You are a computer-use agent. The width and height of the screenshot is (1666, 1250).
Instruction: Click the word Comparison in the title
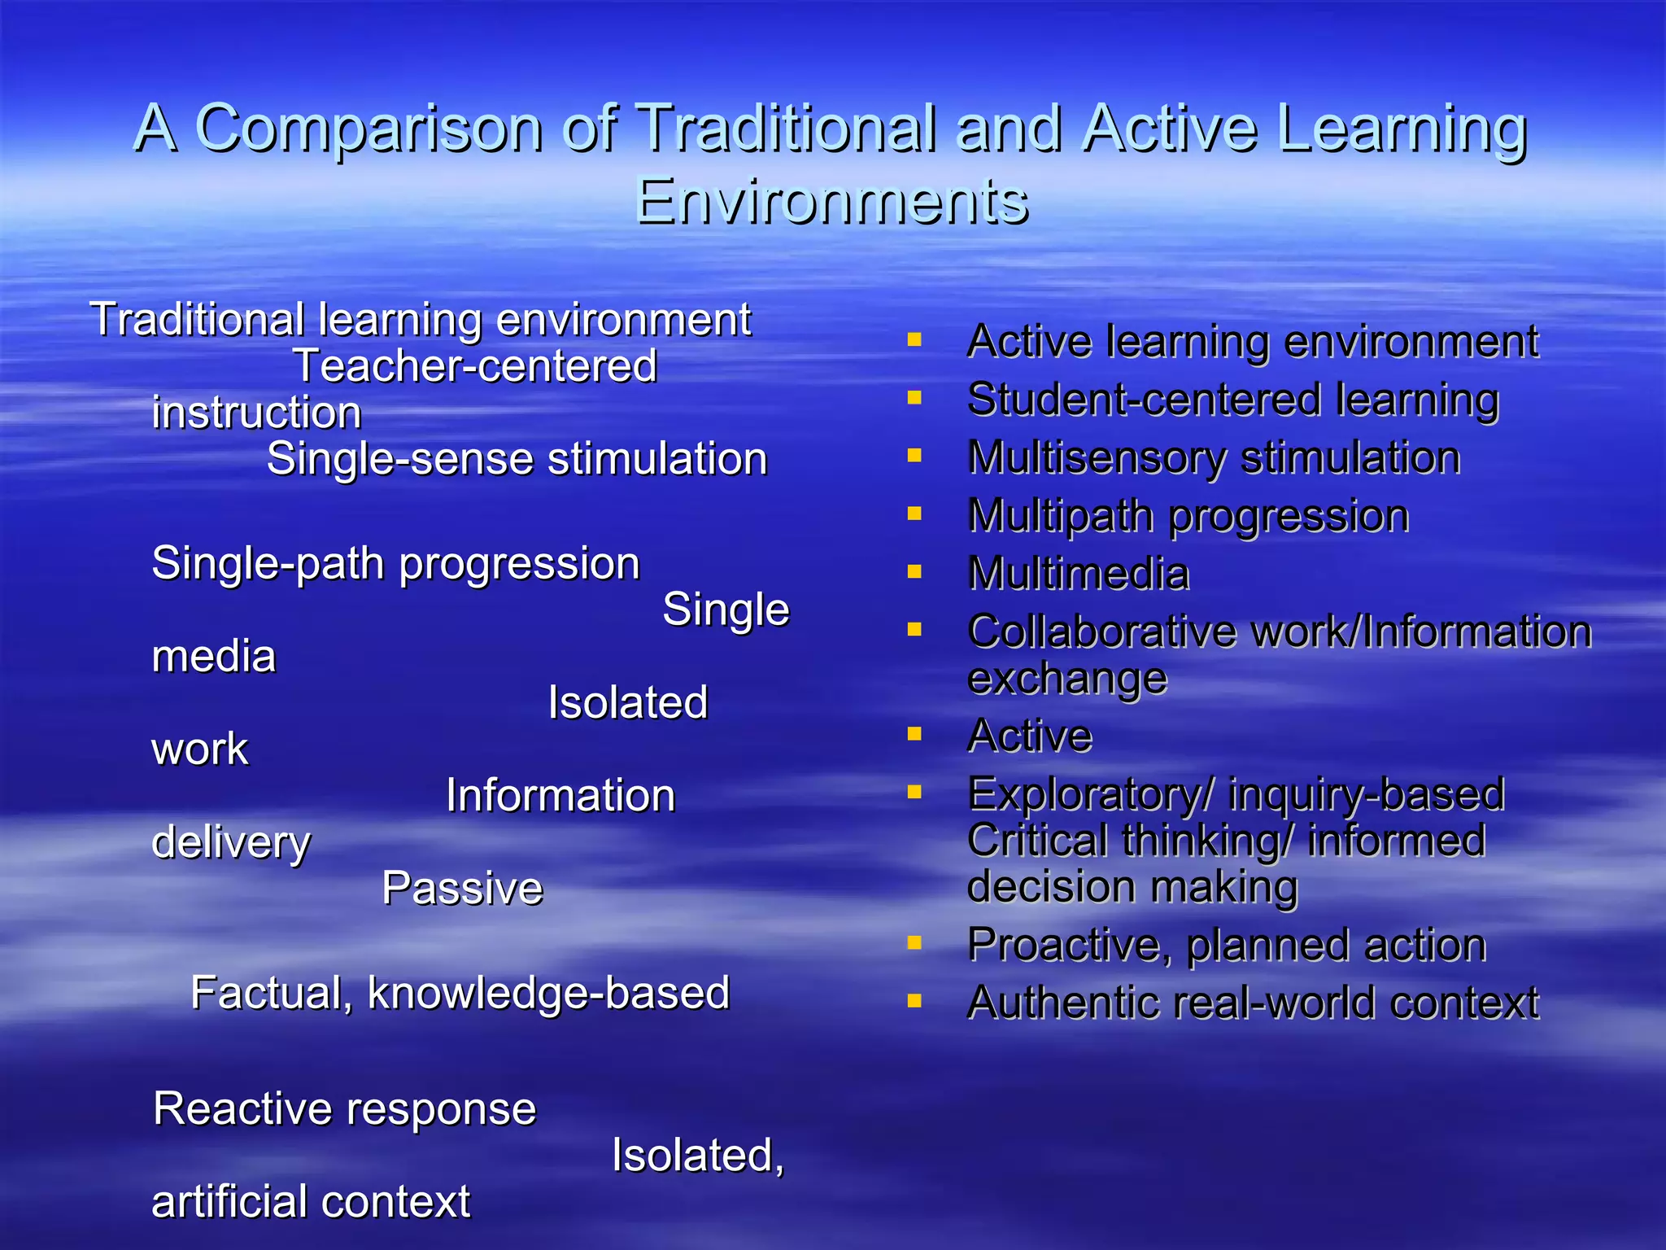369,129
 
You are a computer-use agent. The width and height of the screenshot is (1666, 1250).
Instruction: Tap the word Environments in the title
831,201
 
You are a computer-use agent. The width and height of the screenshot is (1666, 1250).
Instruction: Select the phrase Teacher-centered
475,366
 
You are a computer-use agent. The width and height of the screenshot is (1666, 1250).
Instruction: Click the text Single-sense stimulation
517,459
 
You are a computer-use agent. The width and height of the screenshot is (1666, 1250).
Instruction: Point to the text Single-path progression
396,563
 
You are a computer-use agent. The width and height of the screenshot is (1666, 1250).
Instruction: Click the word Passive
462,888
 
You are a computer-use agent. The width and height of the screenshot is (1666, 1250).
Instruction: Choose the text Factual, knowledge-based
460,993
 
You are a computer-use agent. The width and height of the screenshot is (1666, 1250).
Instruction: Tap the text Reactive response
345,1108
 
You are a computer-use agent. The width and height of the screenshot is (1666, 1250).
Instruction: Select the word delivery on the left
231,842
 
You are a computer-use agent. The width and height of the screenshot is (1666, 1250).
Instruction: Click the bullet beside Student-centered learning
914,398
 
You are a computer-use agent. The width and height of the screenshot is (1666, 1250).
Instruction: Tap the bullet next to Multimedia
914,572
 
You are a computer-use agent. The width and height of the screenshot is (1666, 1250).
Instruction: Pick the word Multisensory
1097,457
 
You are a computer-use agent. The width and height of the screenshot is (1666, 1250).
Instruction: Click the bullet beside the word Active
914,735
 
